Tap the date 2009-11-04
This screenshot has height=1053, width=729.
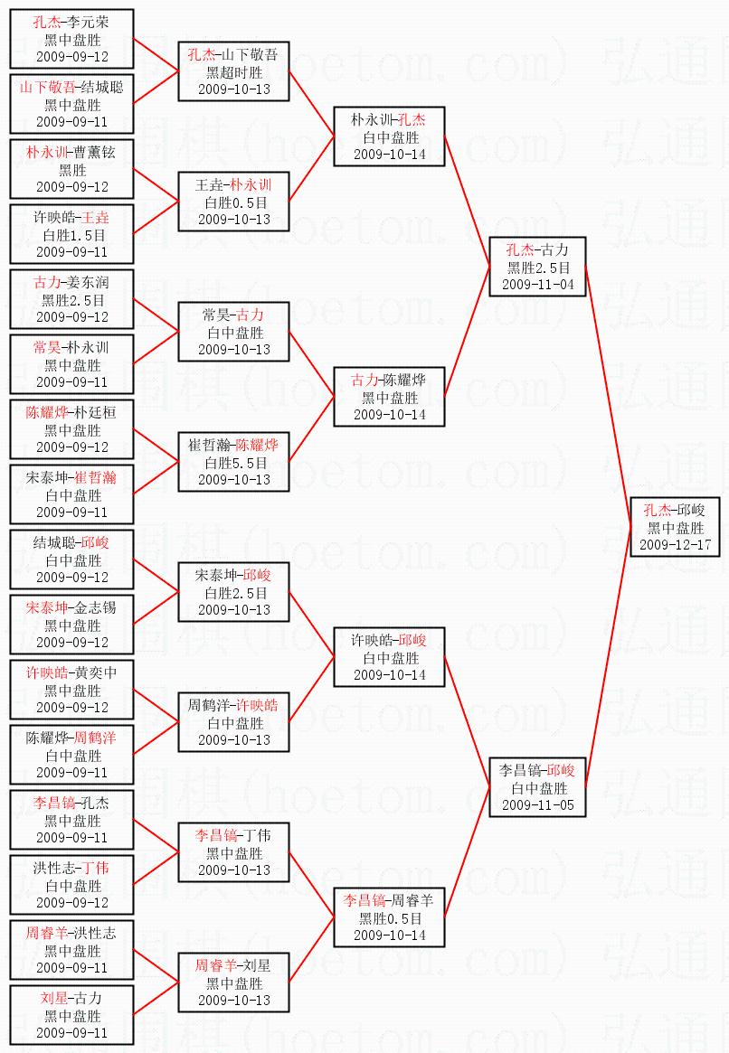[x=537, y=284]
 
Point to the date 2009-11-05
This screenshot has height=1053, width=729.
[x=537, y=804]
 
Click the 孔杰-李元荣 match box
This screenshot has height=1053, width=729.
[x=72, y=40]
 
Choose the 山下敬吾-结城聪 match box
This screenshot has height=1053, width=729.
[x=72, y=105]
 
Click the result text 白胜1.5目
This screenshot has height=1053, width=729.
[x=72, y=235]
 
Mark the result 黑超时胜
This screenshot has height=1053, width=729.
[x=234, y=72]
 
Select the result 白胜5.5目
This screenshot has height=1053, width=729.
[x=234, y=463]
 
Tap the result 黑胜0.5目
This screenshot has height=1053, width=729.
[x=389, y=918]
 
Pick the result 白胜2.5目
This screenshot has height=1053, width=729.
[x=234, y=593]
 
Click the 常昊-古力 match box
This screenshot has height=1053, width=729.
[x=234, y=333]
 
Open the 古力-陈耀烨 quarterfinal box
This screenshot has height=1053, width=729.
[x=389, y=398]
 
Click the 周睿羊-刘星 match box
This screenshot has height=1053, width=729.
[x=234, y=983]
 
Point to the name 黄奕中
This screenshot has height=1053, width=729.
[x=91, y=672]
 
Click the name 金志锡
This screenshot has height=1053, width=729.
[x=91, y=607]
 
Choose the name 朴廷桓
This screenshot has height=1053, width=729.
[x=91, y=412]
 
